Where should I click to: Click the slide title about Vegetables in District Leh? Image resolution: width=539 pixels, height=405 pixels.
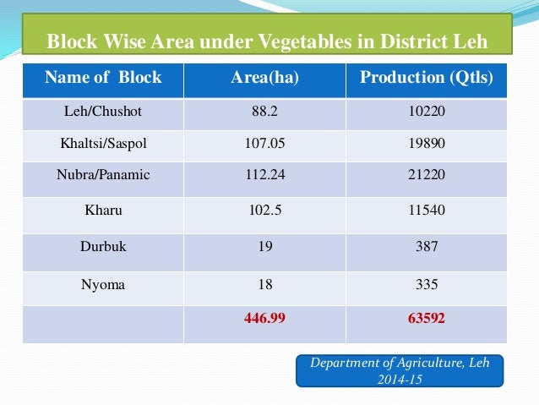coord(267,41)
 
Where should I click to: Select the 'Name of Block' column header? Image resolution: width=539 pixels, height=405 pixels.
coord(103,78)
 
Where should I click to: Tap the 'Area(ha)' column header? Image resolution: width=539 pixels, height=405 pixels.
coord(264,78)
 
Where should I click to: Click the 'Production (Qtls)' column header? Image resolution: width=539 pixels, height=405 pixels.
coord(427,78)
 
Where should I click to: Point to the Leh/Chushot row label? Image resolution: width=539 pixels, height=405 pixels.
coord(103,111)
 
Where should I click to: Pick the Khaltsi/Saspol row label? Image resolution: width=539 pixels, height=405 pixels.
coord(103,143)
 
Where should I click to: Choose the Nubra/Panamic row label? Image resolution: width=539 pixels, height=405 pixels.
coord(103,175)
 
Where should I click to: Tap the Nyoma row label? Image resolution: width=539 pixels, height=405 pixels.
coord(103,285)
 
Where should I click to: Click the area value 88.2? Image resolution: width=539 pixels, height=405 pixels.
coord(264,111)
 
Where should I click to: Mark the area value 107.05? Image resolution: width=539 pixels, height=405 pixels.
coord(264,143)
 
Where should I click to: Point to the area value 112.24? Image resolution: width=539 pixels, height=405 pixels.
coord(264,175)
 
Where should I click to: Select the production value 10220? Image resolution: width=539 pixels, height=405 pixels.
coord(427,111)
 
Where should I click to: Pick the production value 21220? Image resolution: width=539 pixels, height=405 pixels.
coord(427,175)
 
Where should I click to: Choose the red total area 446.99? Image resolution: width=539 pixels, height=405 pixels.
coord(264,320)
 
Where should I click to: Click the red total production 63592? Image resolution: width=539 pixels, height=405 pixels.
coord(427,320)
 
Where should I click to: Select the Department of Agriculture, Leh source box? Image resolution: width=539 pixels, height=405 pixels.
coord(400,370)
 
